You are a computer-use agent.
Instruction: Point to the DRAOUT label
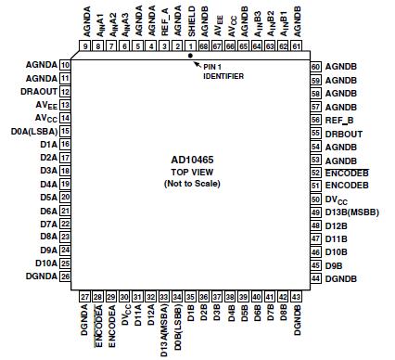point(39,93)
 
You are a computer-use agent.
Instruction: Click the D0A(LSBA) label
point(35,131)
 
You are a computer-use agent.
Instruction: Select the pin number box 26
point(65,276)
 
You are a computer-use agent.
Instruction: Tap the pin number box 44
point(315,278)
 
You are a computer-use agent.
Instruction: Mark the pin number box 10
point(65,65)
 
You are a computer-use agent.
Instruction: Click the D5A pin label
point(48,198)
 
